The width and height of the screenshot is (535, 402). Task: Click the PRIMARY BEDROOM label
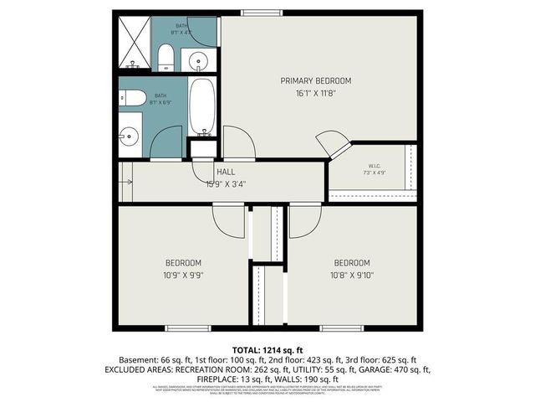click(x=315, y=80)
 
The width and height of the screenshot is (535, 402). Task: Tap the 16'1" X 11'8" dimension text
click(x=315, y=94)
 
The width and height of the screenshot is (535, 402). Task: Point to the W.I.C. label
click(x=374, y=165)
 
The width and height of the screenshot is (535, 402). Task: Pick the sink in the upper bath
click(x=198, y=59)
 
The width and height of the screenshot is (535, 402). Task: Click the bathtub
click(x=203, y=107)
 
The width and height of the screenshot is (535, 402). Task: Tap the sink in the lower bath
click(x=128, y=133)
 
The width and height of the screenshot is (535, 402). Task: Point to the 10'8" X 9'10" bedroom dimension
click(x=351, y=274)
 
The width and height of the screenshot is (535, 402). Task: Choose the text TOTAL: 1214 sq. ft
click(x=267, y=348)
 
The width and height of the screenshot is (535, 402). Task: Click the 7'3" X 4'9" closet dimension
click(x=374, y=173)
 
